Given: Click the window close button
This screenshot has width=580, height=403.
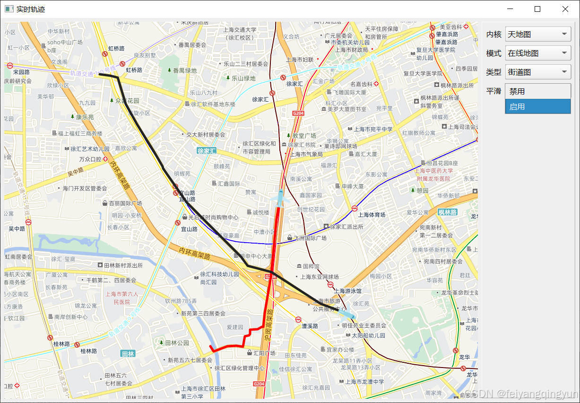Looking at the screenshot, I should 565,9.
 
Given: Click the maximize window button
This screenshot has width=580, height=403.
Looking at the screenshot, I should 537,9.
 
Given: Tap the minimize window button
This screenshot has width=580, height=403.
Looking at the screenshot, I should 510,9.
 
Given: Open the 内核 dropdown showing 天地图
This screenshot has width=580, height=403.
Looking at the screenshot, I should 538,34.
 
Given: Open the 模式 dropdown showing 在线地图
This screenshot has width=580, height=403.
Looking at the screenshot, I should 538,53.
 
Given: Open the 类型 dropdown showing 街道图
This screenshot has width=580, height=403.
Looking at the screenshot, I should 538,72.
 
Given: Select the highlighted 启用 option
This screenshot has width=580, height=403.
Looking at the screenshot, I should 538,106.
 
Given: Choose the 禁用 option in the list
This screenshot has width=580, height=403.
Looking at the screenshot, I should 538,91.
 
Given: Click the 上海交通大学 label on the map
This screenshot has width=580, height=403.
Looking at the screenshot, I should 240,30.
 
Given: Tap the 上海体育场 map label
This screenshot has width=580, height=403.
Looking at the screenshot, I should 372,215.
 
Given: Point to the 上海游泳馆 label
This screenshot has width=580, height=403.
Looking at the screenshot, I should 347,291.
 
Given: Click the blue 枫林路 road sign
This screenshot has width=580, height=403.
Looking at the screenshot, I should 447,212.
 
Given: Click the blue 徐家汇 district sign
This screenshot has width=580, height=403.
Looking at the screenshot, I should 207,151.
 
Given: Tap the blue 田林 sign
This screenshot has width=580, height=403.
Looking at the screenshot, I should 128,353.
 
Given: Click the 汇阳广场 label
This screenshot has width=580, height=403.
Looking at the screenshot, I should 264,353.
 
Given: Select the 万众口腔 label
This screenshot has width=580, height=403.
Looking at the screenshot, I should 90,159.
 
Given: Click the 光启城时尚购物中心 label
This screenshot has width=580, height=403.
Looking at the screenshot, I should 213,218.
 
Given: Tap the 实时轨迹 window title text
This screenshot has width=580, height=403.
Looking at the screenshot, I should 31,9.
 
